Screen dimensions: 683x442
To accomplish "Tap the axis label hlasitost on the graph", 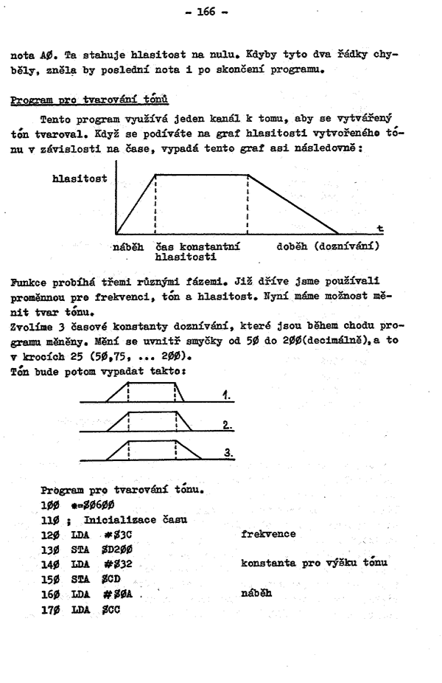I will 79,178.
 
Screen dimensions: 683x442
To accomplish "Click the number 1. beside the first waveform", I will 227,396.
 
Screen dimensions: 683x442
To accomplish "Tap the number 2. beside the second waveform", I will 228,426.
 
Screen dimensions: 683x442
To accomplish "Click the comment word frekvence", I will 268,533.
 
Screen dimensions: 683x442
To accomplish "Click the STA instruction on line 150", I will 80,578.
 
